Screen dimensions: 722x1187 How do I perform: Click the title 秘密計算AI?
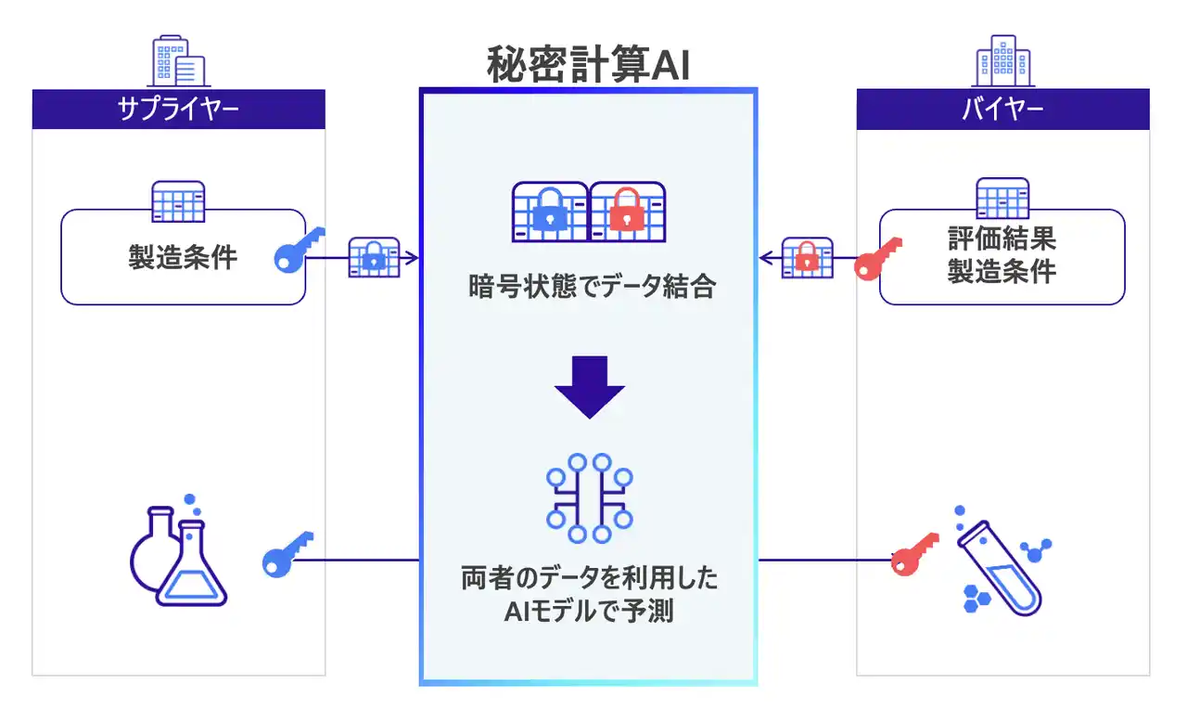tap(588, 65)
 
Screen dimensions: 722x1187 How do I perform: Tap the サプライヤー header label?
tap(178, 110)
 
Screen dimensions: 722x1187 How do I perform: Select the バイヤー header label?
tap(1002, 110)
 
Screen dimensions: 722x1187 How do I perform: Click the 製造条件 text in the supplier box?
tap(183, 256)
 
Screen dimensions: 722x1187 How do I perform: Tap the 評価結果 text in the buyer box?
tap(1002, 239)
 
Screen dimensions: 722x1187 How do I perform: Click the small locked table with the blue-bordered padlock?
tap(373, 258)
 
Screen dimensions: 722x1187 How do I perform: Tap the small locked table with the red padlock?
tap(807, 259)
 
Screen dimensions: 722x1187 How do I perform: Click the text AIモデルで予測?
tap(588, 612)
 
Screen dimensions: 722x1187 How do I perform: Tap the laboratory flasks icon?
tap(179, 555)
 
